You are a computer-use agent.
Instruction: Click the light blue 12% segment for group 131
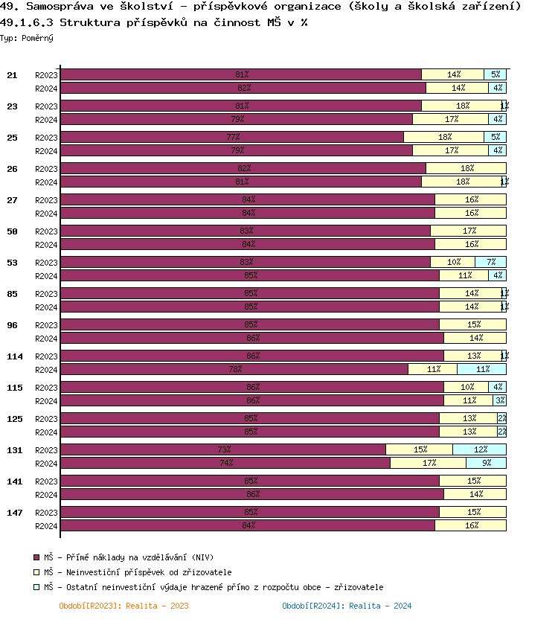click(x=479, y=449)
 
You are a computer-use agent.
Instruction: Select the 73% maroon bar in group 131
click(x=223, y=449)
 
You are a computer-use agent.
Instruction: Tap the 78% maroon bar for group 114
click(x=234, y=369)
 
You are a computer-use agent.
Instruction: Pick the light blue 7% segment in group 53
click(x=490, y=262)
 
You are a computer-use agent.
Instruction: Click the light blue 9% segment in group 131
click(x=486, y=463)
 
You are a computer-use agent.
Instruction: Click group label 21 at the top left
click(x=12, y=75)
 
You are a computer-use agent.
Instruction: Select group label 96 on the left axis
click(x=12, y=324)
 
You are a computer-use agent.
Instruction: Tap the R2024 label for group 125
click(x=46, y=432)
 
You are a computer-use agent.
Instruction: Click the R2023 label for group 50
click(x=46, y=231)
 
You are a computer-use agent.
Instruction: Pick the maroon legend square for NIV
click(x=36, y=557)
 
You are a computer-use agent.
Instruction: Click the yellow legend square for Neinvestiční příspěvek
click(x=36, y=572)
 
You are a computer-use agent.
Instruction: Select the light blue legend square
click(x=36, y=587)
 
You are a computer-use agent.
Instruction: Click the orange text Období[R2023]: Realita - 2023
click(x=124, y=606)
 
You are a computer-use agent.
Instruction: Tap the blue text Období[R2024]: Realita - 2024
click(x=347, y=606)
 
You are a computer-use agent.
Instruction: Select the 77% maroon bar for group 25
click(x=232, y=137)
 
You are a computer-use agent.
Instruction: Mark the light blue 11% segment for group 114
click(x=481, y=369)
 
